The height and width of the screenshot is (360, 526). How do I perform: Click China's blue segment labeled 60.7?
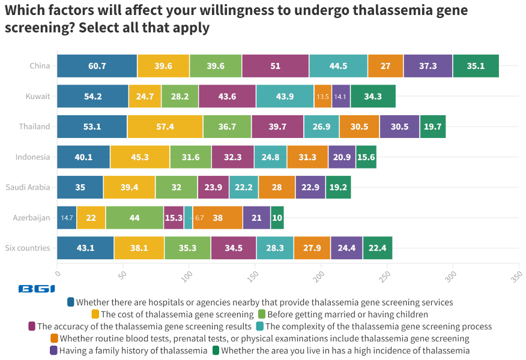coord(97,66)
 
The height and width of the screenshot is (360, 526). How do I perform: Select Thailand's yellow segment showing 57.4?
coord(165,127)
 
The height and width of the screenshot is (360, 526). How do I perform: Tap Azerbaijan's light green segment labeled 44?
coord(135,217)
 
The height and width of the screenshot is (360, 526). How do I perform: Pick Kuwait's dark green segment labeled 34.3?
coord(373,97)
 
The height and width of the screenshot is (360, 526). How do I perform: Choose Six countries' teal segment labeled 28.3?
coord(274,248)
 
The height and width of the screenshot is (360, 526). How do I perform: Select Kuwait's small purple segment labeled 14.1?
coord(340,97)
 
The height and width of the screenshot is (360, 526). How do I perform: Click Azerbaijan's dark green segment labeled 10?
coord(277,217)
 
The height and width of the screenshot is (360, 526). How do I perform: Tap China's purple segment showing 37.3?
coord(428,66)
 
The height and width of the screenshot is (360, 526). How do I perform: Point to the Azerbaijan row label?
coord(32,217)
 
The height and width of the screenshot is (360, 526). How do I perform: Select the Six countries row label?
coord(28,248)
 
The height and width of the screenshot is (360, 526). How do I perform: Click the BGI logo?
coord(37,289)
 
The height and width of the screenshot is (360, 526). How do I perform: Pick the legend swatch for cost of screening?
coord(95,314)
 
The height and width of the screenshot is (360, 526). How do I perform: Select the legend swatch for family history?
coord(53,350)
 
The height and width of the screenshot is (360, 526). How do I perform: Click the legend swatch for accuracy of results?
coord(31,326)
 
